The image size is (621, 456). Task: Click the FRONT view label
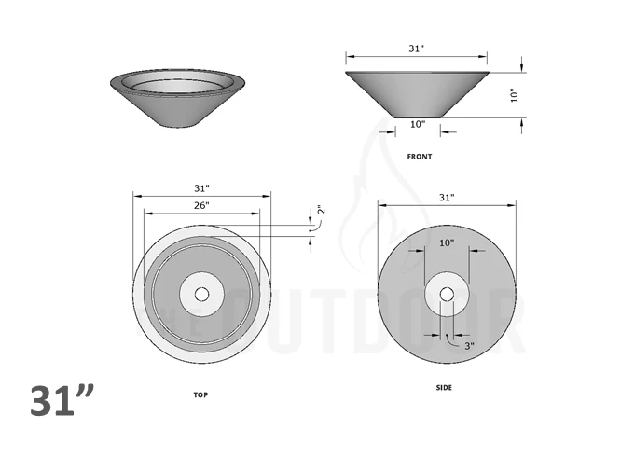coord(419,157)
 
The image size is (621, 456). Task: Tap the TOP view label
coord(200,394)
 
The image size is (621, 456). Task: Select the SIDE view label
coord(445,387)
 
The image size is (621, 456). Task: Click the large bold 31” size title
coord(62,401)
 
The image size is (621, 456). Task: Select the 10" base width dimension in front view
coord(417,124)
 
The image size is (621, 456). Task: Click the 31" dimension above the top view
coord(201,188)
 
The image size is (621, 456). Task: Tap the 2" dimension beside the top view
coord(320,211)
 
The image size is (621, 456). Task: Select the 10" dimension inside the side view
coord(446,242)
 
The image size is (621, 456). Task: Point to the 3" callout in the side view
coord(469,345)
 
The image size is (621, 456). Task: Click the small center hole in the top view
coord(202,294)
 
